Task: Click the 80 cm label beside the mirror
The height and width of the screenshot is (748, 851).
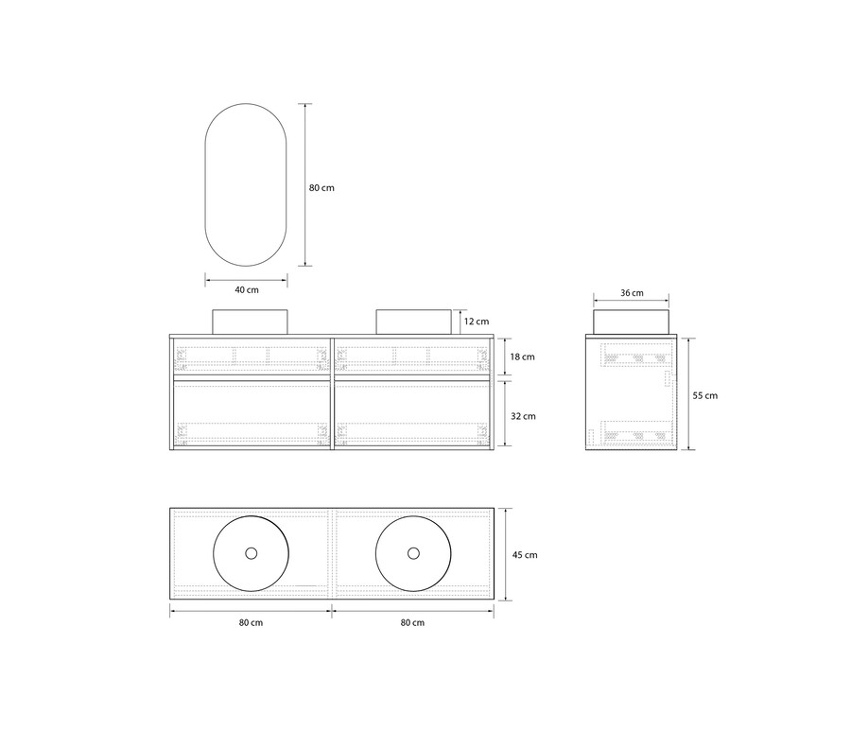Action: pos(321,188)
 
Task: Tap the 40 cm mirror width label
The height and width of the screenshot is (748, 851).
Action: pos(247,290)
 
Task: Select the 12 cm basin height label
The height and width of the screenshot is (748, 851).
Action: pos(477,322)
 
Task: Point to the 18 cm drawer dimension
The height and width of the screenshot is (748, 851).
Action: pos(522,357)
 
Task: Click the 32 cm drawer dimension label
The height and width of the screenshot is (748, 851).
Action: pos(523,416)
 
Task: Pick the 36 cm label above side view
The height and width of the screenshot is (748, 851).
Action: pos(632,293)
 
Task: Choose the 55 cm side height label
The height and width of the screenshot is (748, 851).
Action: pos(705,395)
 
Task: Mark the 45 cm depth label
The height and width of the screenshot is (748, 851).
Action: pos(525,555)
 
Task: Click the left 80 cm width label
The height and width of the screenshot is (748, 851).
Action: pos(251,622)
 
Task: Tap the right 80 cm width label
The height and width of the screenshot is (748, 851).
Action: pos(412,622)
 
